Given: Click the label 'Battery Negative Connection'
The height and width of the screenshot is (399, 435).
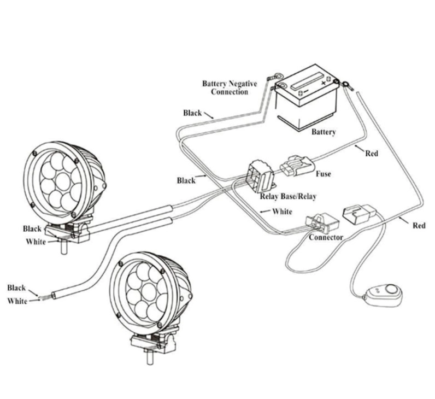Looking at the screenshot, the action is tap(230, 87).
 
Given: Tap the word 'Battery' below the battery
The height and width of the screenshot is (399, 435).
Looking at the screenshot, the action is tap(324, 132).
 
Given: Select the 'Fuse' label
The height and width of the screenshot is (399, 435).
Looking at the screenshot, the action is tap(324, 174).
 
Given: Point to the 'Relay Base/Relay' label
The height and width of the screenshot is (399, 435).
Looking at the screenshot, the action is tap(288, 196).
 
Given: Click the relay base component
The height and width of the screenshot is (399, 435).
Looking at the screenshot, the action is tap(261, 176).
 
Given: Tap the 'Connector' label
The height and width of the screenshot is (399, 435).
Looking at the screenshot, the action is tap(326, 238).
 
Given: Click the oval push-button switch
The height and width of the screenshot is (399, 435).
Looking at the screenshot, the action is tap(383, 296).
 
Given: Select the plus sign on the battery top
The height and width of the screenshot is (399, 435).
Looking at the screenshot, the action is tap(323, 83).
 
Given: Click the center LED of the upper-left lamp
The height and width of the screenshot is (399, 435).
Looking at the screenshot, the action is tap(62, 181).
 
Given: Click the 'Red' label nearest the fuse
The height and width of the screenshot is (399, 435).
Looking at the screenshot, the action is tap(372, 154).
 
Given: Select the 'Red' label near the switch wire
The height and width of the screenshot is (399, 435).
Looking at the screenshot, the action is tap(419, 226).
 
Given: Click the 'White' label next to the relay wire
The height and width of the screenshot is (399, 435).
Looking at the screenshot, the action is tap(282, 212).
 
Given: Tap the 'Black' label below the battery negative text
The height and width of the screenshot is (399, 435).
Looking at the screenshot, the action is tap(192, 113).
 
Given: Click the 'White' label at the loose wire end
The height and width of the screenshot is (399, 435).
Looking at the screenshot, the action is tap(17, 301).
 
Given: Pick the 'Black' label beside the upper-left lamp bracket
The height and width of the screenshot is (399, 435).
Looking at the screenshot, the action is tap(32, 229).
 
